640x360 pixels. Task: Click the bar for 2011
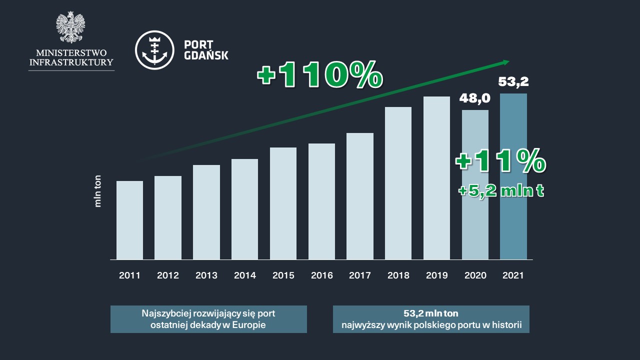click(x=129, y=220)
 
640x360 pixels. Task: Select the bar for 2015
click(x=283, y=203)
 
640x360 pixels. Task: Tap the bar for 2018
click(x=398, y=183)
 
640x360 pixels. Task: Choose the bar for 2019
click(x=436, y=178)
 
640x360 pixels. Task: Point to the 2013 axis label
click(x=206, y=275)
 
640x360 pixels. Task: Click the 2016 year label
click(x=321, y=275)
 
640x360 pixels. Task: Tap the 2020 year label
click(x=475, y=275)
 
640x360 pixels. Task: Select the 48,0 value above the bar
click(x=474, y=98)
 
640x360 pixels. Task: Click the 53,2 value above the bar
click(x=513, y=81)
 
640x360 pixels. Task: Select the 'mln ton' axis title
click(x=98, y=190)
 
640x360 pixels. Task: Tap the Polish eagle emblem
click(x=70, y=27)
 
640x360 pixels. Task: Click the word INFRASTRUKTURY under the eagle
click(x=71, y=62)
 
